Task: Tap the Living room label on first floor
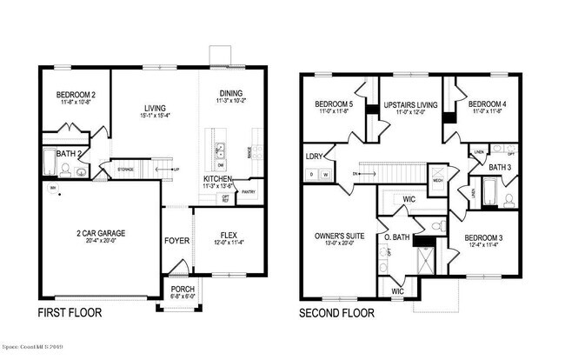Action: [155, 107]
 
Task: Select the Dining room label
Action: [230, 94]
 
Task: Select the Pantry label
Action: [249, 193]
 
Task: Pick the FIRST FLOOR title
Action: [71, 312]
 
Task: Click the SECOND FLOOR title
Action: [336, 312]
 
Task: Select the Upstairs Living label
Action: [408, 105]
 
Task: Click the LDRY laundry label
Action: [314, 157]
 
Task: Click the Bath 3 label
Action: [499, 167]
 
